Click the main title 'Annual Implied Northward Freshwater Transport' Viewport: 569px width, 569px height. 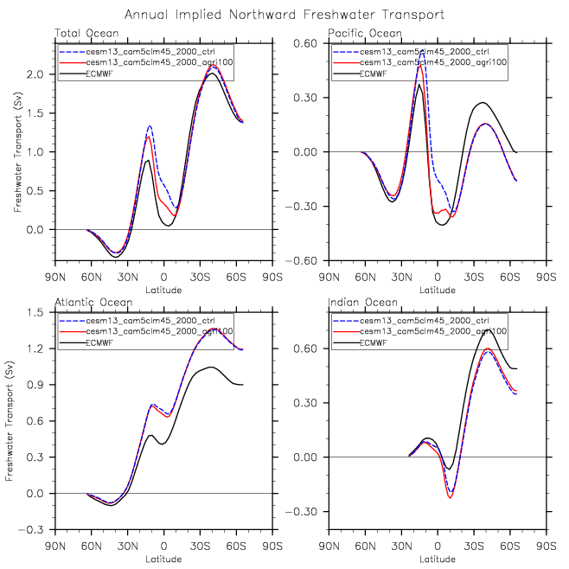[284, 15]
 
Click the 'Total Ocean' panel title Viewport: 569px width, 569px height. [81, 33]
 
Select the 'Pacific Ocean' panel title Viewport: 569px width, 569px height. [357, 33]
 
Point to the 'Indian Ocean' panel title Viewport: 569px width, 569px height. [356, 303]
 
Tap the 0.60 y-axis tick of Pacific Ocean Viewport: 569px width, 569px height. [310, 43]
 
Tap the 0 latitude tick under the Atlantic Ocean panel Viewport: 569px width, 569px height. [164, 547]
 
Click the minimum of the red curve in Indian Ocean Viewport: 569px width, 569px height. [451, 497]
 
